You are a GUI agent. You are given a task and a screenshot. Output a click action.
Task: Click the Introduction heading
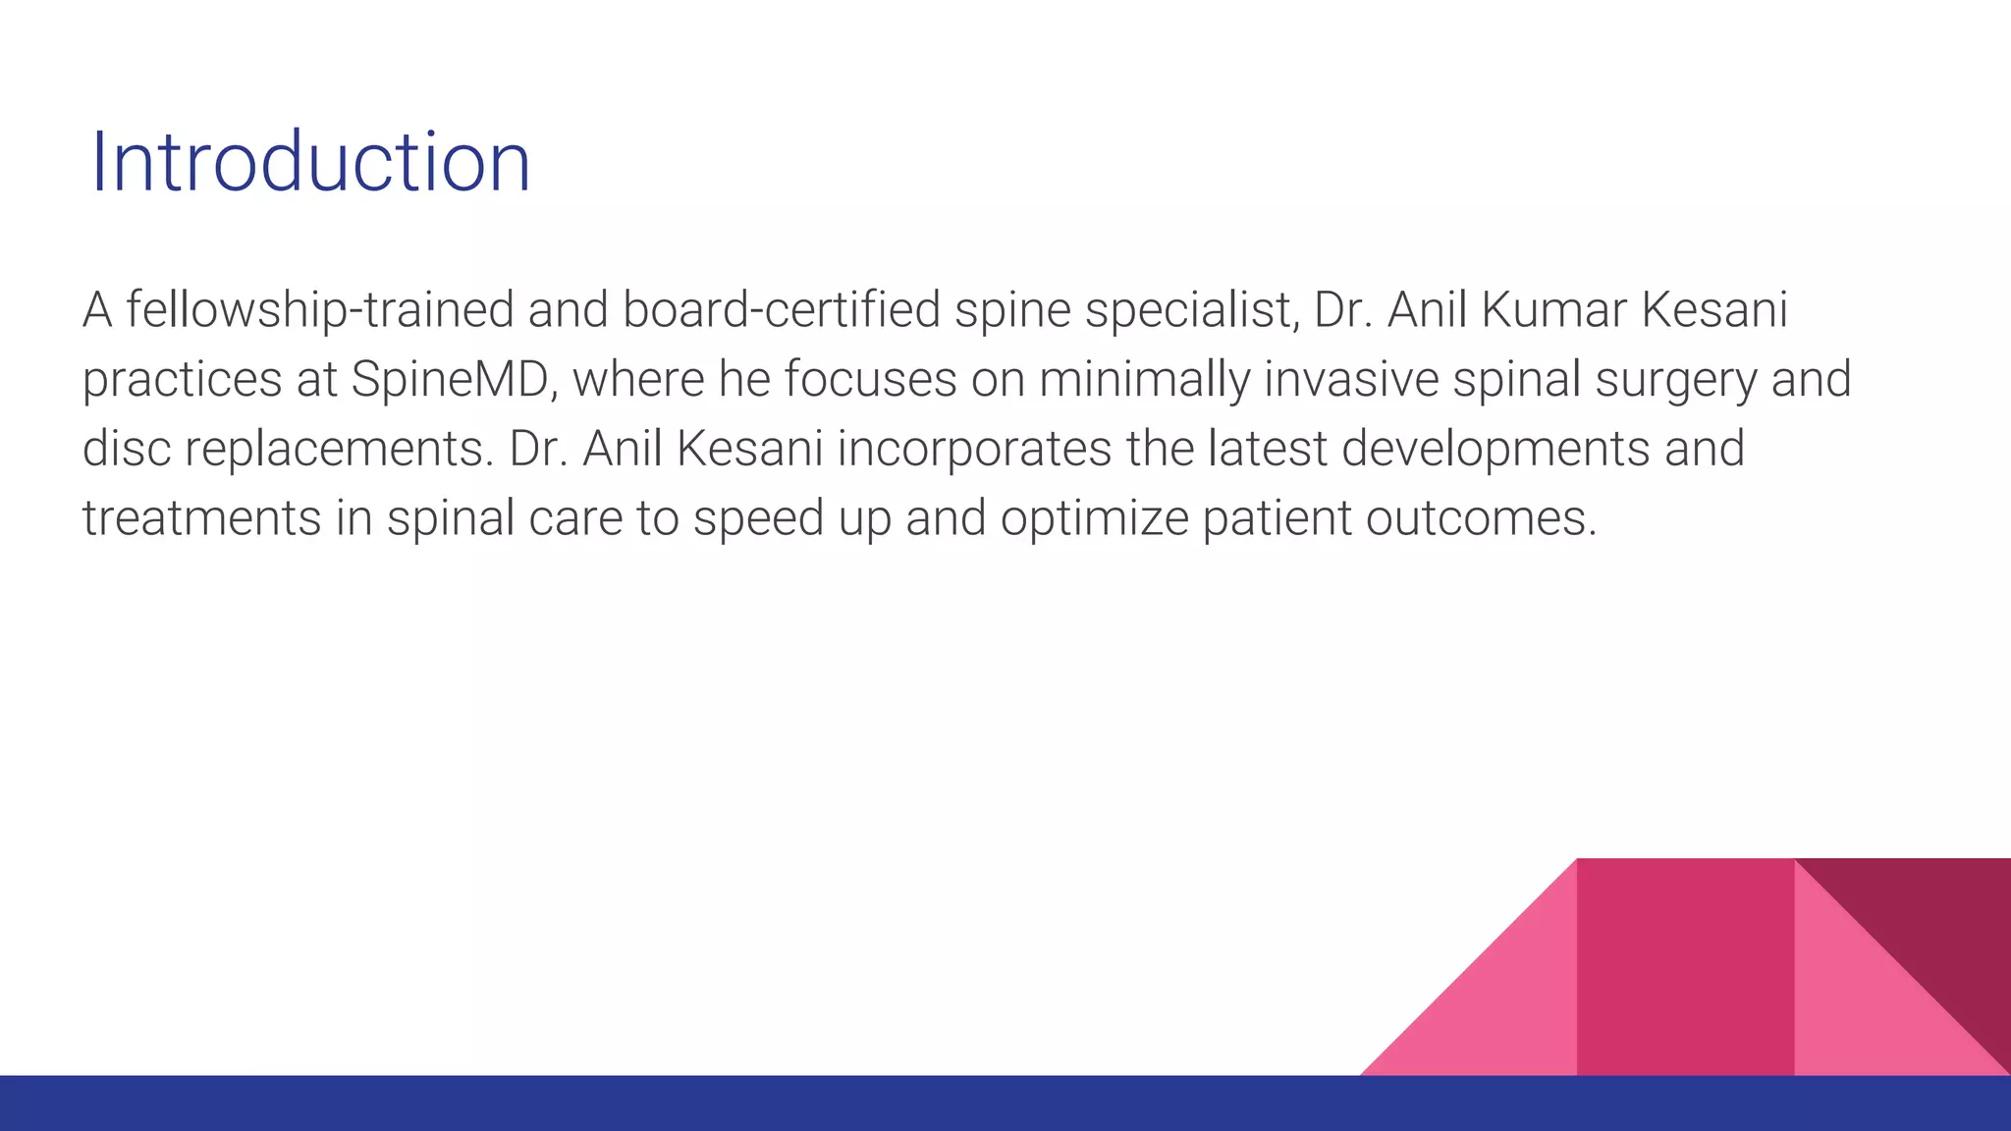coord(310,163)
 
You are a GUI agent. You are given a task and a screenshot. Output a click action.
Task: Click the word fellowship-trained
coord(320,310)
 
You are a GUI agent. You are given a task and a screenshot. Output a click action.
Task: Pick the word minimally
coord(1144,380)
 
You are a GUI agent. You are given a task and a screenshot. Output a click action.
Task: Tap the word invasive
coord(1351,380)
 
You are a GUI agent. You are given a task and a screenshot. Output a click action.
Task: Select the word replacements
coord(339,450)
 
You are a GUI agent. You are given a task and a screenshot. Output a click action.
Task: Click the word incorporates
coord(974,450)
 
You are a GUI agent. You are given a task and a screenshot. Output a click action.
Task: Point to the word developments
coord(1495,450)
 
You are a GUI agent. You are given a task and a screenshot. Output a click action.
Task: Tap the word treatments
coord(201,518)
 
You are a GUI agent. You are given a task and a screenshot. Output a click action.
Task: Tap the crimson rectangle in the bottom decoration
coord(1685,967)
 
